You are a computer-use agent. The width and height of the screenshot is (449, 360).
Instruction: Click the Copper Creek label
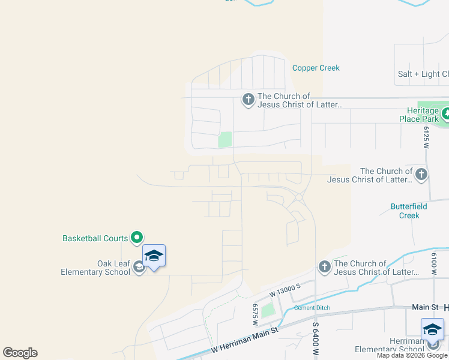click(316, 68)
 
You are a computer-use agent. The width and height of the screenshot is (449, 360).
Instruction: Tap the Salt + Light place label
click(423, 74)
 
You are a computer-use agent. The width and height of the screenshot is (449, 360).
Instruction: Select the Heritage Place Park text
click(419, 115)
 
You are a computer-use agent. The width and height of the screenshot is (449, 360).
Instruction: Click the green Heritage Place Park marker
click(445, 113)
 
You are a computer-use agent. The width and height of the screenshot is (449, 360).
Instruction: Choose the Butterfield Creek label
click(409, 211)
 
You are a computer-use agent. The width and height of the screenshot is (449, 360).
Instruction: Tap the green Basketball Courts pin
click(137, 238)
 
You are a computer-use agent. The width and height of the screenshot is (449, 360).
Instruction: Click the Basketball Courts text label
click(95, 238)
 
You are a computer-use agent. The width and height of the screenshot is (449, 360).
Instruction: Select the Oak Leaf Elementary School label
click(96, 268)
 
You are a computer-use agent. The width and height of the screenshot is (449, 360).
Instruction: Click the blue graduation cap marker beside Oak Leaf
click(154, 256)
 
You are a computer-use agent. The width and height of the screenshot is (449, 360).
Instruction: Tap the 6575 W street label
click(255, 312)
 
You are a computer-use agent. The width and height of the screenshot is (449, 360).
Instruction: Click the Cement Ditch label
click(312, 308)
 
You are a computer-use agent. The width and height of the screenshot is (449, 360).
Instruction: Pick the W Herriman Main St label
click(245, 342)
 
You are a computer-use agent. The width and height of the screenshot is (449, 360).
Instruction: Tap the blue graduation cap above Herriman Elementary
click(432, 329)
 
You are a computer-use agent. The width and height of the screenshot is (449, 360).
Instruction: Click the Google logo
click(20, 353)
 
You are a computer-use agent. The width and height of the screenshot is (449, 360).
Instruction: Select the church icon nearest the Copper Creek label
click(249, 99)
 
